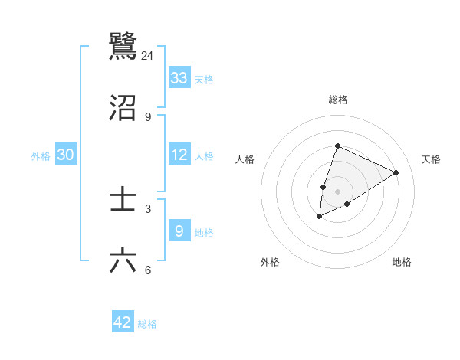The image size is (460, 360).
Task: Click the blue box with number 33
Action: click(179, 78)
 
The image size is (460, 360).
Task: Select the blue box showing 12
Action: click(179, 155)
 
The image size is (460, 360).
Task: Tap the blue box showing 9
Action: click(179, 231)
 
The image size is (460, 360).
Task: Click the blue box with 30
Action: click(66, 155)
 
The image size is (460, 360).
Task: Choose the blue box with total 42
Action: click(123, 322)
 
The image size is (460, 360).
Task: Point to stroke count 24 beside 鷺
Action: click(148, 56)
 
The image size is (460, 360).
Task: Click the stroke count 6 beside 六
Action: click(148, 270)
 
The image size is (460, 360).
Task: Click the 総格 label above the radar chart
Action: click(337, 100)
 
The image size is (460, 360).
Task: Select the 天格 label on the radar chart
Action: click(431, 159)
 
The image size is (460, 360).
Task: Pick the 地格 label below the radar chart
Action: click(402, 262)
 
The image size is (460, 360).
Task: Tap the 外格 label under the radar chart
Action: click(270, 262)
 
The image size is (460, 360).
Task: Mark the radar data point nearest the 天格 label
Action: click(396, 172)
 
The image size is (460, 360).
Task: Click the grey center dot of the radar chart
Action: click(337, 191)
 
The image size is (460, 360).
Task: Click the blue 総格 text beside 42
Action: click(147, 324)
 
